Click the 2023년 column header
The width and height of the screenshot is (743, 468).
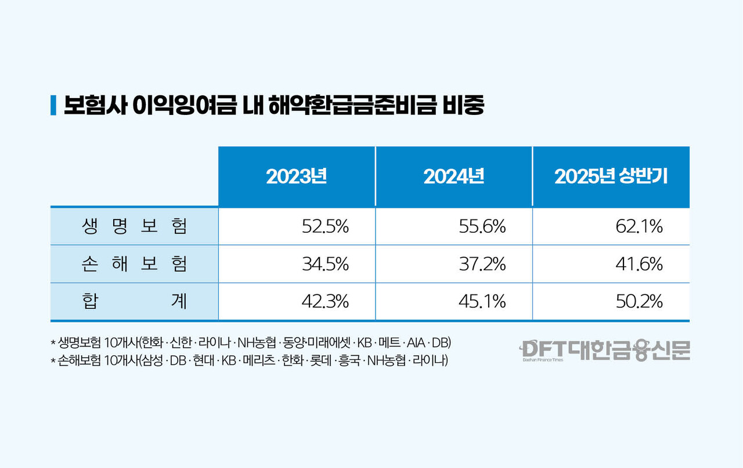coord(297,177)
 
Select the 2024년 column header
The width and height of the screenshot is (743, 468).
coord(453,177)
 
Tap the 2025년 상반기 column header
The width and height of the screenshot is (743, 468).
coord(611,177)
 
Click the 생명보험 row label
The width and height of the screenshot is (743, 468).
coord(135,226)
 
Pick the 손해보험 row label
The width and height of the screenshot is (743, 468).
coord(135,264)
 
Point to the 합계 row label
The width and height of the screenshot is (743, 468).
coord(135,301)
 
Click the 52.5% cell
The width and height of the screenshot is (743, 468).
coord(325,226)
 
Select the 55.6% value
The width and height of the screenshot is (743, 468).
coord(482,226)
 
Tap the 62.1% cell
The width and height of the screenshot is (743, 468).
coord(639,226)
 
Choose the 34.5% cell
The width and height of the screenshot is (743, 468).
coord(325,264)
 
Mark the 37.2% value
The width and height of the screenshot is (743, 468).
coord(482,264)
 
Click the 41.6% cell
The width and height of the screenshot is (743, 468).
coord(639,264)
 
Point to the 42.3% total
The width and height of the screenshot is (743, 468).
coord(325,301)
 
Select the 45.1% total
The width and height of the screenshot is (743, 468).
coord(482,301)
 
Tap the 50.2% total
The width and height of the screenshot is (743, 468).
coord(639,301)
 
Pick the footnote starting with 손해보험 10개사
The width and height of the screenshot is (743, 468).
coord(249,361)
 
